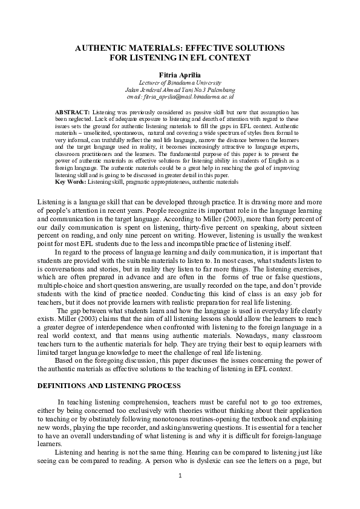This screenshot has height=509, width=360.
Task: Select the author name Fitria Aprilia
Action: pyautogui.click(x=180, y=73)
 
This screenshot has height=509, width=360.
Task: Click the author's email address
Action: pyautogui.click(x=180, y=96)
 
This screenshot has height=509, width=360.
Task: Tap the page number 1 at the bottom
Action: pyautogui.click(x=180, y=491)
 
